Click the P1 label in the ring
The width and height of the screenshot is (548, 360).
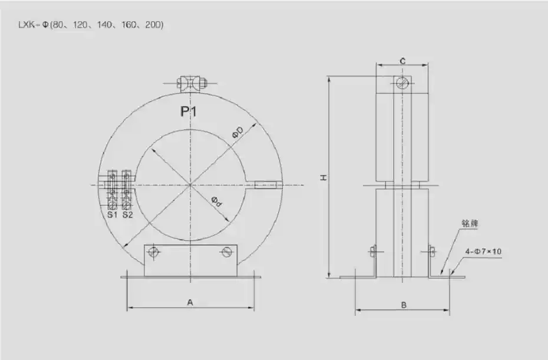click(x=189, y=111)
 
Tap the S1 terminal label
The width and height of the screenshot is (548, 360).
click(x=112, y=214)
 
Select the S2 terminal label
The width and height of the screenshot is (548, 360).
click(x=127, y=214)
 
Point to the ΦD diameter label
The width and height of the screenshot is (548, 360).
click(x=238, y=133)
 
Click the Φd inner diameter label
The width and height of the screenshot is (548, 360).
click(x=217, y=202)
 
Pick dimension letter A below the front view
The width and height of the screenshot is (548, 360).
click(x=190, y=302)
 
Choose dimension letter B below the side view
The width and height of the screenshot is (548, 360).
click(x=404, y=305)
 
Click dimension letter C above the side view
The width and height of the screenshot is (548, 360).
click(x=402, y=61)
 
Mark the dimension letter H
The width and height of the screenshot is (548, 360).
click(x=324, y=177)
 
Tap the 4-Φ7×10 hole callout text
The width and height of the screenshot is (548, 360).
click(x=483, y=252)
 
